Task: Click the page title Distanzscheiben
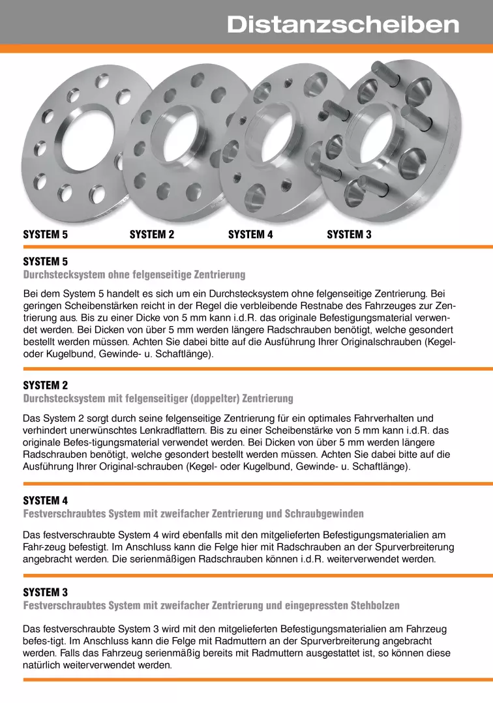pyautogui.click(x=343, y=25)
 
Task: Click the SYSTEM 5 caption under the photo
pyautogui.click(x=46, y=235)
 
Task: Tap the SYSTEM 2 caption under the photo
pyautogui.click(x=152, y=235)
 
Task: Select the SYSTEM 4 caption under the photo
pyautogui.click(x=250, y=235)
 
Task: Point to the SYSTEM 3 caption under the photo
pyautogui.click(x=349, y=235)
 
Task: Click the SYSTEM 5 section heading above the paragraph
pyautogui.click(x=46, y=262)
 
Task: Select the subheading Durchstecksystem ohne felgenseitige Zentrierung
pyautogui.click(x=134, y=275)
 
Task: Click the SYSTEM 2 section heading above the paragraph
pyautogui.click(x=46, y=385)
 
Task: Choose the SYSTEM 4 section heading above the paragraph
pyautogui.click(x=46, y=501)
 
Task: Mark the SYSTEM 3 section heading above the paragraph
pyautogui.click(x=46, y=592)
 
